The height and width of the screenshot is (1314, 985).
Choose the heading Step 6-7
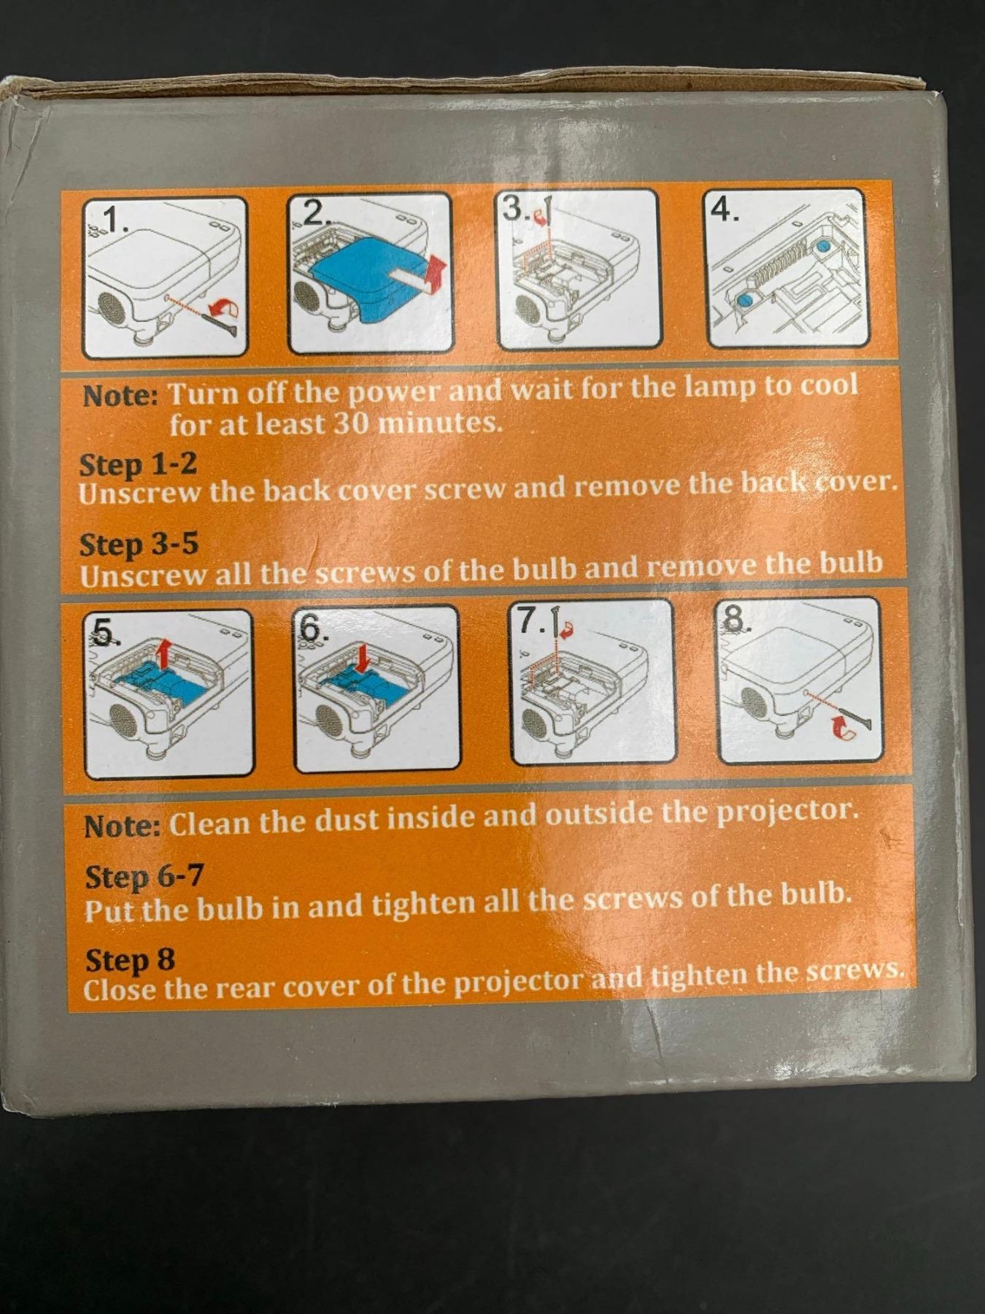click(x=143, y=876)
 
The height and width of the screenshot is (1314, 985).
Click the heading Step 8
click(x=130, y=960)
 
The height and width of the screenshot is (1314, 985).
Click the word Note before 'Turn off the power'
click(x=120, y=395)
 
